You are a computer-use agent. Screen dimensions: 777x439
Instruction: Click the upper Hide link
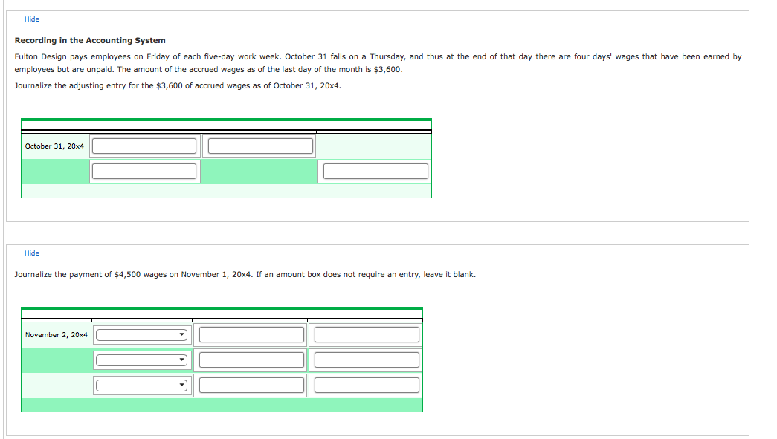(32, 19)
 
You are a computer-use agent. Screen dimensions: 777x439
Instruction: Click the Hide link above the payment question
(32, 253)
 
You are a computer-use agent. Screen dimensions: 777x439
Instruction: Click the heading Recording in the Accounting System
(90, 41)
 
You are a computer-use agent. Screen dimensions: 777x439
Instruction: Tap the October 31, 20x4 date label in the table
(54, 146)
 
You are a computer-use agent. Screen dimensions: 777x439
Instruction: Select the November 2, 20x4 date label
(56, 334)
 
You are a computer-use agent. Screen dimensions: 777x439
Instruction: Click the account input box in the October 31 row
(144, 146)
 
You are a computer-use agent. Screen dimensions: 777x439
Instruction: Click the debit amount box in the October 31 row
(261, 146)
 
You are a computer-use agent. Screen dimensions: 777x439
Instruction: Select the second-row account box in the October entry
(144, 172)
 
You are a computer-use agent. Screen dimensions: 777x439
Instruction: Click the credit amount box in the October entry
(375, 172)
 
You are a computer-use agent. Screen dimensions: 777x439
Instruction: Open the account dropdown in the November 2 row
(141, 335)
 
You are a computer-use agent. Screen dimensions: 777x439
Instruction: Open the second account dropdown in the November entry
(141, 360)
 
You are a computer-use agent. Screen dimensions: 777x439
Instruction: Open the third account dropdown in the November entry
(141, 386)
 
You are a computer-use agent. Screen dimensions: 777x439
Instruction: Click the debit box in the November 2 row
(252, 334)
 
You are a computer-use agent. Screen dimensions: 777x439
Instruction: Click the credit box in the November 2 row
(367, 334)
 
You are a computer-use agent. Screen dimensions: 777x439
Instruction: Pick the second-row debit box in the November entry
(252, 360)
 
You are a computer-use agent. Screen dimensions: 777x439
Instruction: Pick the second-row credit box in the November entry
(367, 360)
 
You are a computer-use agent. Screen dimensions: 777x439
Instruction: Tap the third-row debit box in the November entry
(252, 385)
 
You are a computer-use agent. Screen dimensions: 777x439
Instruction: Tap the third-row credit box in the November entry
(367, 385)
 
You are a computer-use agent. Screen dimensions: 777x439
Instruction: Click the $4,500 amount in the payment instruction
(127, 274)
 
